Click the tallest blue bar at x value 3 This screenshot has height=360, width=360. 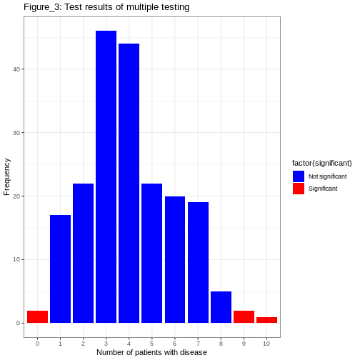106,177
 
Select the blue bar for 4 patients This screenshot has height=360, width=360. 129,184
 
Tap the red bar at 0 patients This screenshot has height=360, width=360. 37,316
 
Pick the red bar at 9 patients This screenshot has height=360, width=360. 244,316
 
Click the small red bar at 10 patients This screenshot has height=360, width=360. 266,319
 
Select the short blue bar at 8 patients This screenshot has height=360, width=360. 221,307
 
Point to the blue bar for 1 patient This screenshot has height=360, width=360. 60,269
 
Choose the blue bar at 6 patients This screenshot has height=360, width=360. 175,259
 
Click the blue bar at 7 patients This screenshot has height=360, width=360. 198,262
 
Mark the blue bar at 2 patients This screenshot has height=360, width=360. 83,253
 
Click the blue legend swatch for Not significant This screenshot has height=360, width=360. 299,176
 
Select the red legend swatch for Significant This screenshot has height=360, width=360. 299,189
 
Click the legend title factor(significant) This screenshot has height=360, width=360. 321,163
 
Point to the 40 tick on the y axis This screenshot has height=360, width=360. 17,69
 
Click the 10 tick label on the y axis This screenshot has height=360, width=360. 17,259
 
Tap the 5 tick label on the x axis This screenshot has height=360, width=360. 151,344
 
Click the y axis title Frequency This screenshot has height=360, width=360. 7,176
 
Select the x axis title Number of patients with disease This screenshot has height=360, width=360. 151,352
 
